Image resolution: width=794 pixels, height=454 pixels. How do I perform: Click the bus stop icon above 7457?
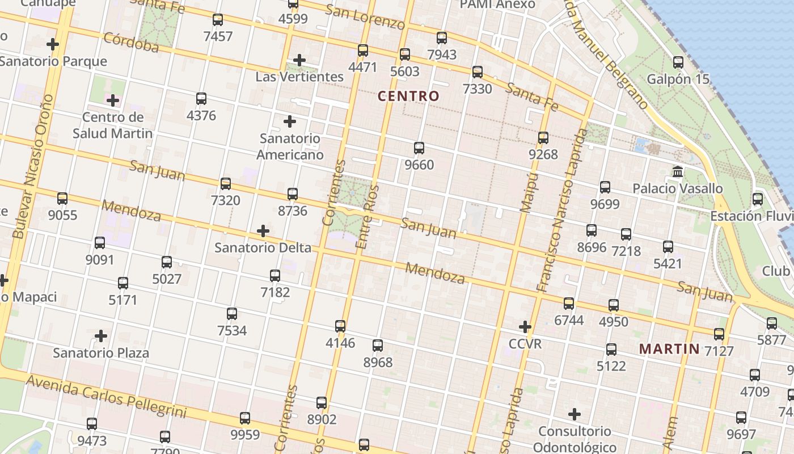coord(218,20)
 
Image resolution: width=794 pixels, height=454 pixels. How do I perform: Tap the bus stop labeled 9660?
coord(419,148)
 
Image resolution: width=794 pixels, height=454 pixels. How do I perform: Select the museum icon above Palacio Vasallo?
coord(677,171)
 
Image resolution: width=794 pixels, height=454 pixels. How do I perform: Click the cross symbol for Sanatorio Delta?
coord(263,231)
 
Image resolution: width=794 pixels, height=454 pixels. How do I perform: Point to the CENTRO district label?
coord(408,96)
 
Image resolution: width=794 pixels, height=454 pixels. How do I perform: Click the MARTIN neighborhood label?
coord(669,348)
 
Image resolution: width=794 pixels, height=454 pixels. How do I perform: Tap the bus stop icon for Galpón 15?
coord(678,62)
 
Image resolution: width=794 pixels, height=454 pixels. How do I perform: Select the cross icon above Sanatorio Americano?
coord(290,121)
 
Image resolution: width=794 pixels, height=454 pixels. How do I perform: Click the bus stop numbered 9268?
coord(543,137)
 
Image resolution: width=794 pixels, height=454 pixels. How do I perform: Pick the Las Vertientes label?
coord(299,77)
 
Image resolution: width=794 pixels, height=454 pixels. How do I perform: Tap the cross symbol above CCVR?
coord(525,327)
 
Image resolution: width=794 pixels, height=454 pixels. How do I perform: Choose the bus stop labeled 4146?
coord(340,326)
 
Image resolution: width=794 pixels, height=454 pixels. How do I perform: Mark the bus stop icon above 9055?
coord(62,199)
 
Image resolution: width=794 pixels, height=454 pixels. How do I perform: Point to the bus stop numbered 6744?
coord(569,304)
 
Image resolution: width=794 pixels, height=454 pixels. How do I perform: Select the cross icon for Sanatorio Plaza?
coord(101,336)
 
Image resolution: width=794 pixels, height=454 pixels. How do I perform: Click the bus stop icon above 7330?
coord(478,72)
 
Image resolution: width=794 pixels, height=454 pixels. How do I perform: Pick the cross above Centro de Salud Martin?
coord(113,101)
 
